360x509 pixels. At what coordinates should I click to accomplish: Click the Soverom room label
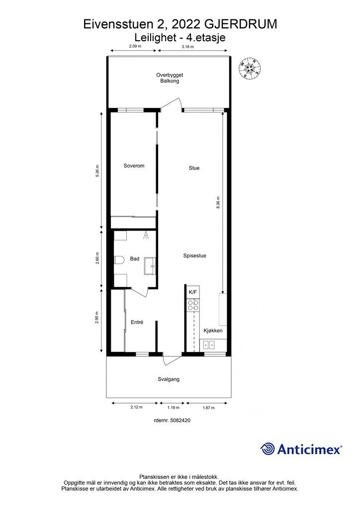[134, 166]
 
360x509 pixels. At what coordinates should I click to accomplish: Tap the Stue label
[194, 168]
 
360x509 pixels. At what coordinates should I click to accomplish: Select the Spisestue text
[195, 256]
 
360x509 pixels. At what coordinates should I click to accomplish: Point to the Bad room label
[134, 258]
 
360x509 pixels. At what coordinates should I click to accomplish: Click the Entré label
[137, 322]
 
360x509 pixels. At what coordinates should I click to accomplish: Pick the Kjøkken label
[213, 331]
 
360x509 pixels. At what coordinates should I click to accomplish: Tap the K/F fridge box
[193, 292]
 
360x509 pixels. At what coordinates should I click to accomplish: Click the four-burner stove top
[193, 305]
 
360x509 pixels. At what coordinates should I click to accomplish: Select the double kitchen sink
[208, 345]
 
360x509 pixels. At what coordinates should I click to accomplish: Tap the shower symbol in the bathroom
[146, 235]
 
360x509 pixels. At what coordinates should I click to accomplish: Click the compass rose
[250, 68]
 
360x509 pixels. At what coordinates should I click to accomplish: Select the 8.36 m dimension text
[218, 202]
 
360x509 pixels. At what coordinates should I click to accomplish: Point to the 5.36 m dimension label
[97, 171]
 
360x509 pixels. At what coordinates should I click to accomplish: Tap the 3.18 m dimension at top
[187, 46]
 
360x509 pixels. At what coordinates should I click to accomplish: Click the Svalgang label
[169, 379]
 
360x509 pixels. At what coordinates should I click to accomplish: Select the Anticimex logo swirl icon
[268, 449]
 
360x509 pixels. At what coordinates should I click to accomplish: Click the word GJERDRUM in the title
[242, 24]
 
